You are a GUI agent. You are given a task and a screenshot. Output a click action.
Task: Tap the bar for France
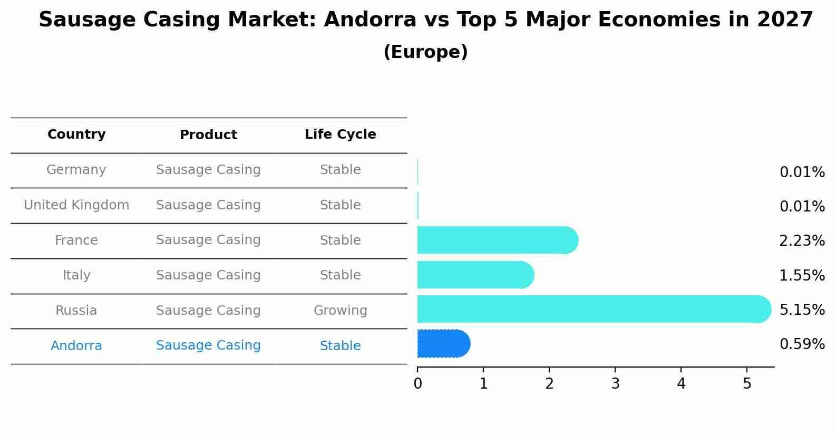pos(495,240)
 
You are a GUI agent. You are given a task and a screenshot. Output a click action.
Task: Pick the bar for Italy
pos(474,275)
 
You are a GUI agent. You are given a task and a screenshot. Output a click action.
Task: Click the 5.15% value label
pos(802,310)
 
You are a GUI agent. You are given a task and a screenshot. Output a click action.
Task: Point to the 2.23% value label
pos(802,241)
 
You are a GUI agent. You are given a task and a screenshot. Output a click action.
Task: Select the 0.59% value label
pos(802,344)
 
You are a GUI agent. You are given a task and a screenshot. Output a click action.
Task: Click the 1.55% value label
pos(802,275)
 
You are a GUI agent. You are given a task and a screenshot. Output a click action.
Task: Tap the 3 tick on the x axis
pos(615,384)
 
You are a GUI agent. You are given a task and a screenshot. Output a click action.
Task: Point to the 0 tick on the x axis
pos(417,384)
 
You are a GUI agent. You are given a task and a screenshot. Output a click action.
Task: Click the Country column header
pos(76,134)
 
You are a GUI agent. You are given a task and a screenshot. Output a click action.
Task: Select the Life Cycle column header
pos(340,134)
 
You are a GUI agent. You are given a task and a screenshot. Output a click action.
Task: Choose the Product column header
pos(208,135)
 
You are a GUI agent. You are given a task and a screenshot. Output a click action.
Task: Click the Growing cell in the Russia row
pos(340,311)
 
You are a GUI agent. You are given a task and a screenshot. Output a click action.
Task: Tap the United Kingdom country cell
pos(76,205)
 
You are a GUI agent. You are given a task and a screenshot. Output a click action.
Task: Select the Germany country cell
pos(76,170)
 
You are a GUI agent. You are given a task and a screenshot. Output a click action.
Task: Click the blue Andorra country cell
pos(76,346)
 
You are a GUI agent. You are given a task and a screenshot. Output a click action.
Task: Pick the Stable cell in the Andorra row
pos(340,346)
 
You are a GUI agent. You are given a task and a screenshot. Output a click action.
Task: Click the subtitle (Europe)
pos(425,52)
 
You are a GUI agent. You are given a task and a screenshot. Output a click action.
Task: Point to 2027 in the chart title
pos(785,20)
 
